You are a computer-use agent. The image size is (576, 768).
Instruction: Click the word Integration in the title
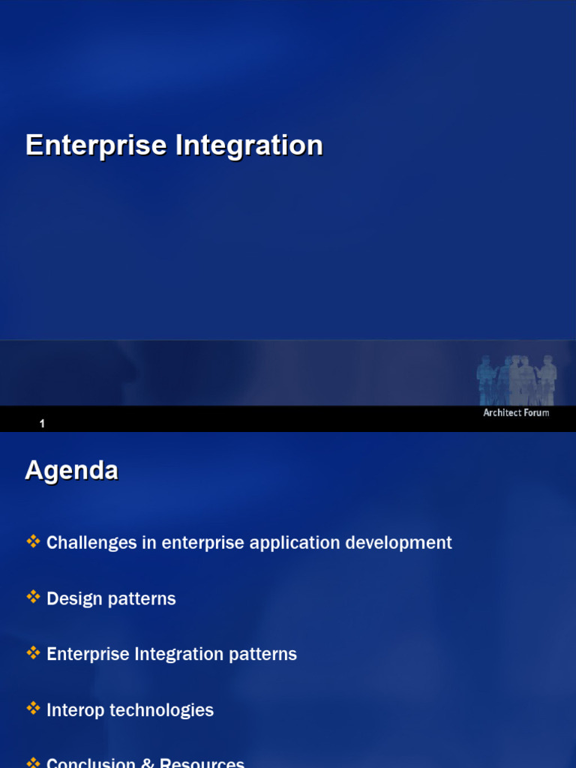(249, 145)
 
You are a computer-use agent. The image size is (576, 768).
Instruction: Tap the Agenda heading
(71, 471)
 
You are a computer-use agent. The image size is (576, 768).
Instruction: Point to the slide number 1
(43, 424)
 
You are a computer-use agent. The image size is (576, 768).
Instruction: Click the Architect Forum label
(516, 412)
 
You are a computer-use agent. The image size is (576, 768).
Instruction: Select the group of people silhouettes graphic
(517, 379)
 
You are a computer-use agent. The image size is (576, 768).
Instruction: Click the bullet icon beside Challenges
(33, 541)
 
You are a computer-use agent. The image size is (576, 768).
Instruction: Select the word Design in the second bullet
(71, 598)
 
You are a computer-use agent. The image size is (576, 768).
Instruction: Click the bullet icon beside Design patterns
(33, 597)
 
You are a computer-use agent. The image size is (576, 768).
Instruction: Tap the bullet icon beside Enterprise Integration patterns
(33, 652)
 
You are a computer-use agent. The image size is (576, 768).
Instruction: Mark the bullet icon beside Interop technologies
(33, 708)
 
